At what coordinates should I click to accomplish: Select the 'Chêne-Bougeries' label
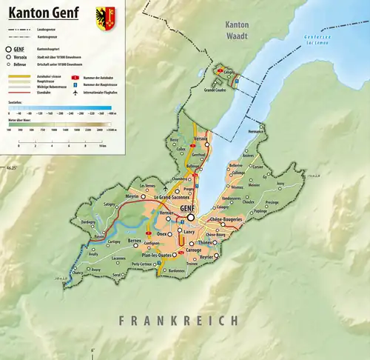(x=226, y=220)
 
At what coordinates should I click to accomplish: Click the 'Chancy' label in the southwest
(x=78, y=273)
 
